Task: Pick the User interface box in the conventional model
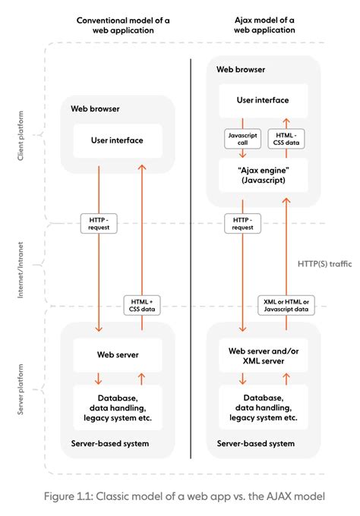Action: (118, 140)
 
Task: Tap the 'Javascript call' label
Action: (242, 139)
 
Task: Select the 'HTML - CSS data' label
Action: (287, 139)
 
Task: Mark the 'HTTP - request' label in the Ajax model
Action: (243, 224)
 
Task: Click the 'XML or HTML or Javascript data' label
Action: (286, 304)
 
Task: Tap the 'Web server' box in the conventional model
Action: (118, 354)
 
